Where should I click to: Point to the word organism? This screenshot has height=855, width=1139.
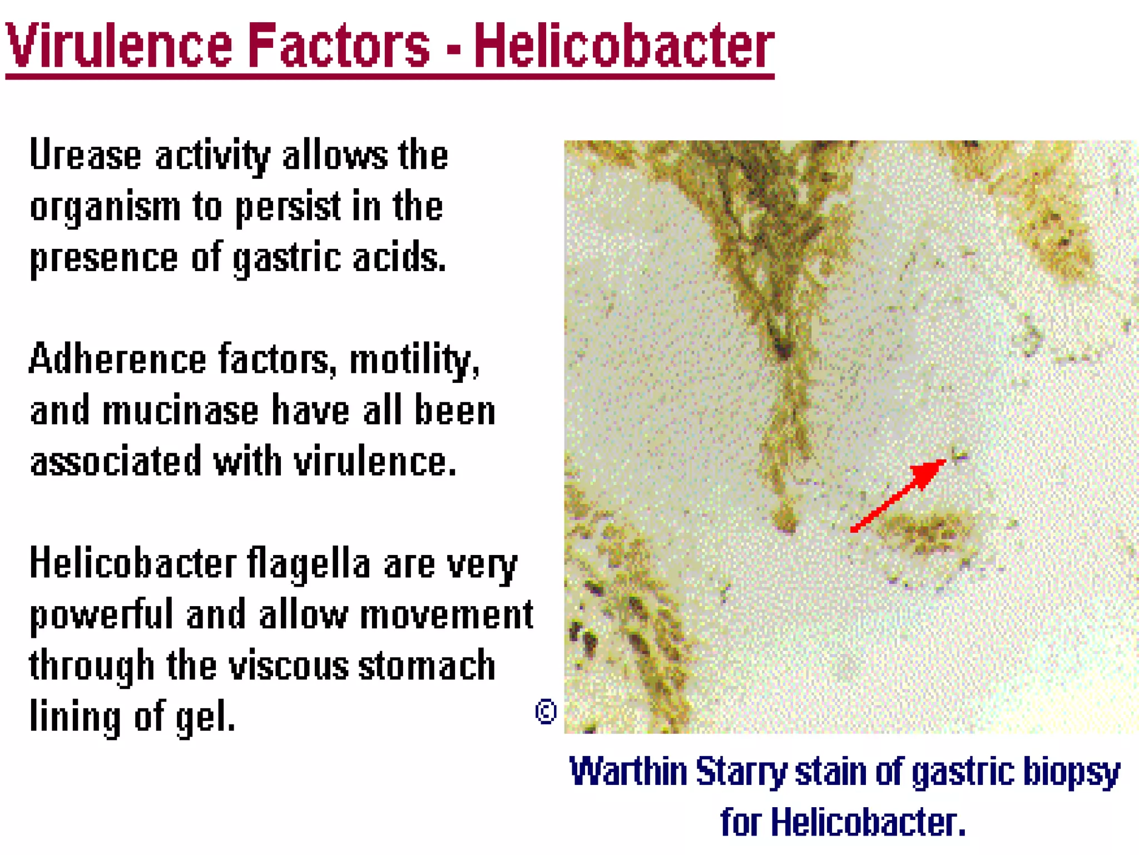tap(105, 207)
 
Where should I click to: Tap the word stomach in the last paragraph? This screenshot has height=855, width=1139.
tap(427, 666)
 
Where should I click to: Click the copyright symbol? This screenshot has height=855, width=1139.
tap(546, 711)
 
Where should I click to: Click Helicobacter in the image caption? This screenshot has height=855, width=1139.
tap(868, 822)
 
